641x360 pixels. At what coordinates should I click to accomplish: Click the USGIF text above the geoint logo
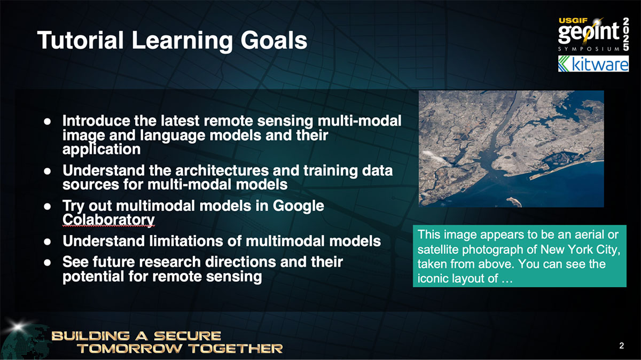(572, 20)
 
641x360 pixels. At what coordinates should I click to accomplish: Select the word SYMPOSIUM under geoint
(589, 48)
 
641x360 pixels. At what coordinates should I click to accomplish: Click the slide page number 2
(621, 346)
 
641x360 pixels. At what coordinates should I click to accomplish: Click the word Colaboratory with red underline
(108, 220)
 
